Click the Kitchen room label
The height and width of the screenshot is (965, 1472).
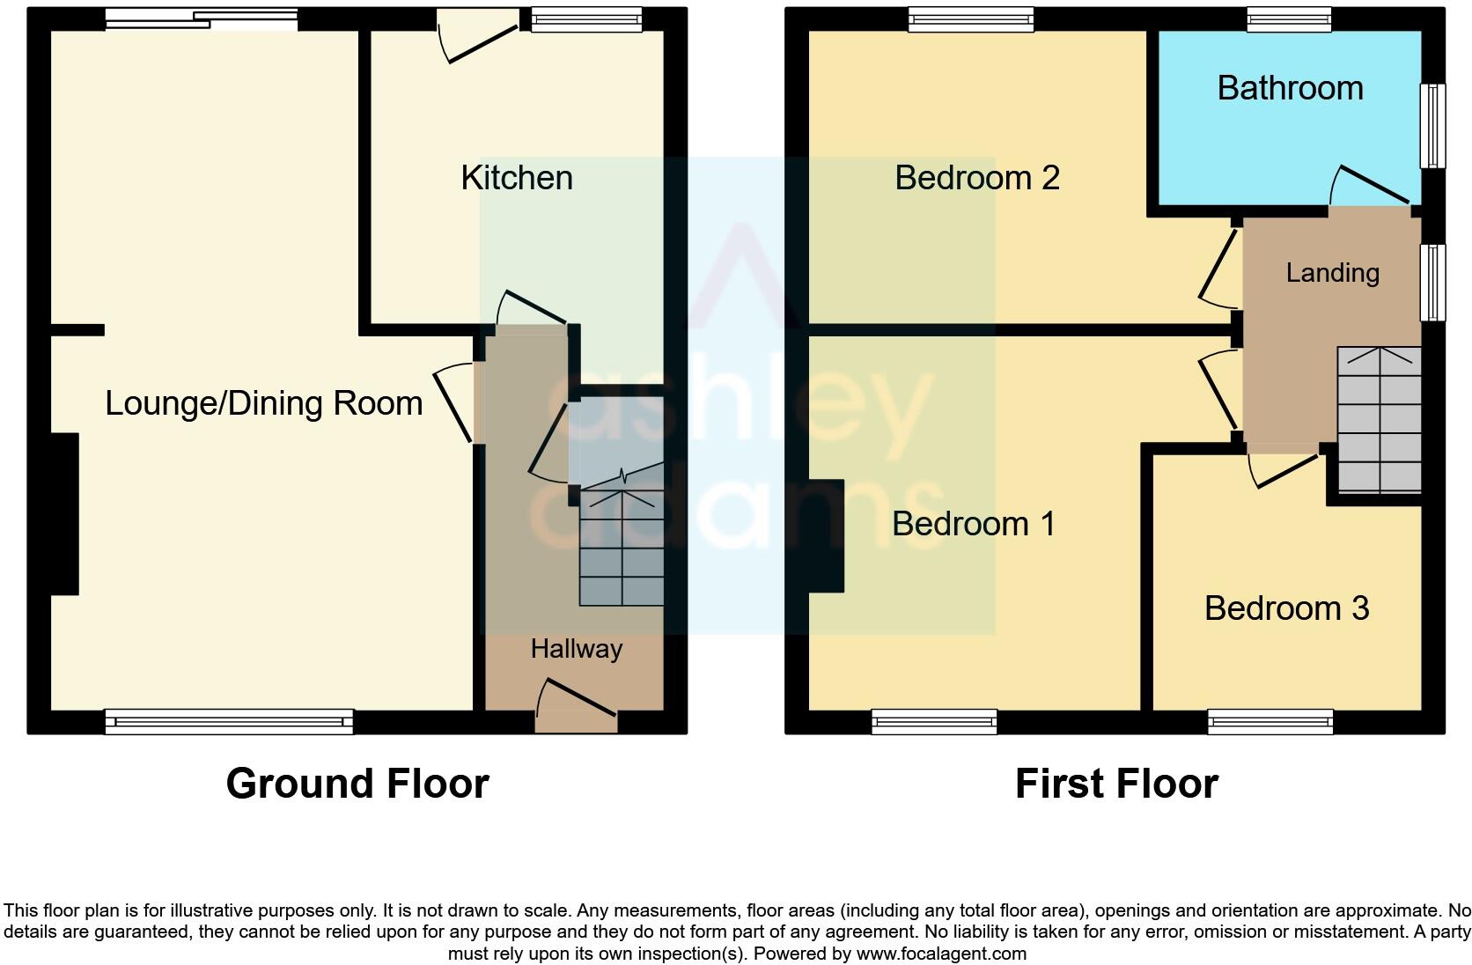517,178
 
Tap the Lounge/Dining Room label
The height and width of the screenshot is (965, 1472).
263,403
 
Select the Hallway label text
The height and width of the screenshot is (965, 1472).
576,649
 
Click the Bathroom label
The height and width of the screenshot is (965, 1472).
1290,88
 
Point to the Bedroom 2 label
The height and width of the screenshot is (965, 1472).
976,178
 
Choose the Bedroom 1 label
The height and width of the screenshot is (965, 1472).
973,524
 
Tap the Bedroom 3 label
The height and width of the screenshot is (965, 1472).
1286,608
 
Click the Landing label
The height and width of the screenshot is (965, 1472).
1332,273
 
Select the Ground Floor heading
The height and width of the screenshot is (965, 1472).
357,783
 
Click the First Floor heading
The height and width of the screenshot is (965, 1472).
1115,783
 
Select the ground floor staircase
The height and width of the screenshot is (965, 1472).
622,546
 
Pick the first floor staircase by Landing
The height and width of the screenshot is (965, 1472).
1379,421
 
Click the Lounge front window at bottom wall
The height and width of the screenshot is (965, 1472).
229,722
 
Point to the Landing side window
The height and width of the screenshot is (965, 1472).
1434,282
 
